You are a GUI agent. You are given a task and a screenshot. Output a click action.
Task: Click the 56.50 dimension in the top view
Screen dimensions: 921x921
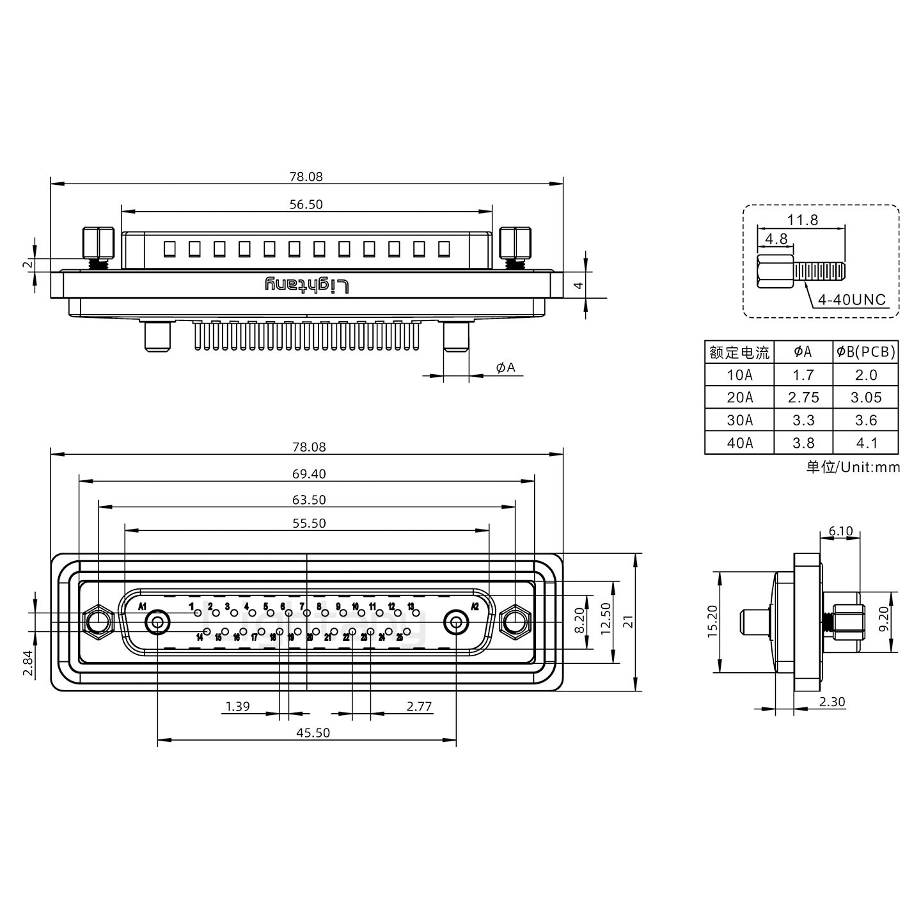coord(306,205)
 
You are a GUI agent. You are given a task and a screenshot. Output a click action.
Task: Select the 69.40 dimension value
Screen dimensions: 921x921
coord(310,474)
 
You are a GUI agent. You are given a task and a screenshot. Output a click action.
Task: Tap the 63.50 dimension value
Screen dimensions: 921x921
coord(310,500)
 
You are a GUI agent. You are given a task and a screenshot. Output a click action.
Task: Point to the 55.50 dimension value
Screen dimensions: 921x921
coord(310,523)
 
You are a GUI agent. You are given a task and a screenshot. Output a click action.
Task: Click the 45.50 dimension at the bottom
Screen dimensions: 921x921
coord(313,732)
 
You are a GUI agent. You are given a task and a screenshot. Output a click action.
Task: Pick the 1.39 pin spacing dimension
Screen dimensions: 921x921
coord(238,707)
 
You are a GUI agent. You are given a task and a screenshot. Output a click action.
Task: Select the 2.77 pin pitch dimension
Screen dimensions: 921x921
coord(419,707)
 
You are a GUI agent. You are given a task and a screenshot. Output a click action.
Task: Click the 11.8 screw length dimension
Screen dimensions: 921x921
coord(802,220)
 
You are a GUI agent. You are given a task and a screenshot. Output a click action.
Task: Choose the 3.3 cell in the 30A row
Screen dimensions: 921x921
coord(803,420)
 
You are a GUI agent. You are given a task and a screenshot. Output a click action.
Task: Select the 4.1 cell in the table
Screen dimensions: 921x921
coord(866,443)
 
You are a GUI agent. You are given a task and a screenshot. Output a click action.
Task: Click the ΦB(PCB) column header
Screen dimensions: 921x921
coord(866,352)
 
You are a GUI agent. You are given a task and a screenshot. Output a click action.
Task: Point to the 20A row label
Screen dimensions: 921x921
coord(739,398)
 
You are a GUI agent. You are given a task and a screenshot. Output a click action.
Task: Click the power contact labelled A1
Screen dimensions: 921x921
coord(157,622)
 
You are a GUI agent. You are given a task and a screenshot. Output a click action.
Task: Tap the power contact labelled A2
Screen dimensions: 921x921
coord(456,622)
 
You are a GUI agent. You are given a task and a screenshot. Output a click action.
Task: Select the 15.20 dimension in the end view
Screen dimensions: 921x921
coord(714,622)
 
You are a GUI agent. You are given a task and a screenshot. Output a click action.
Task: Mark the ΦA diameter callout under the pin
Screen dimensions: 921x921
coord(505,367)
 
